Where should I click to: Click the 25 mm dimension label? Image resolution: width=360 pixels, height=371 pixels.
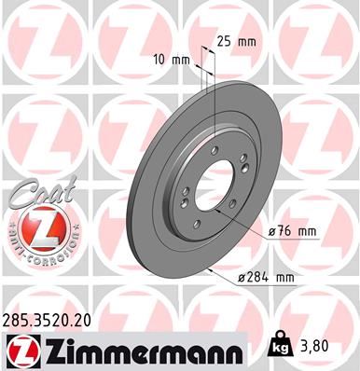[x=236, y=42]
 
